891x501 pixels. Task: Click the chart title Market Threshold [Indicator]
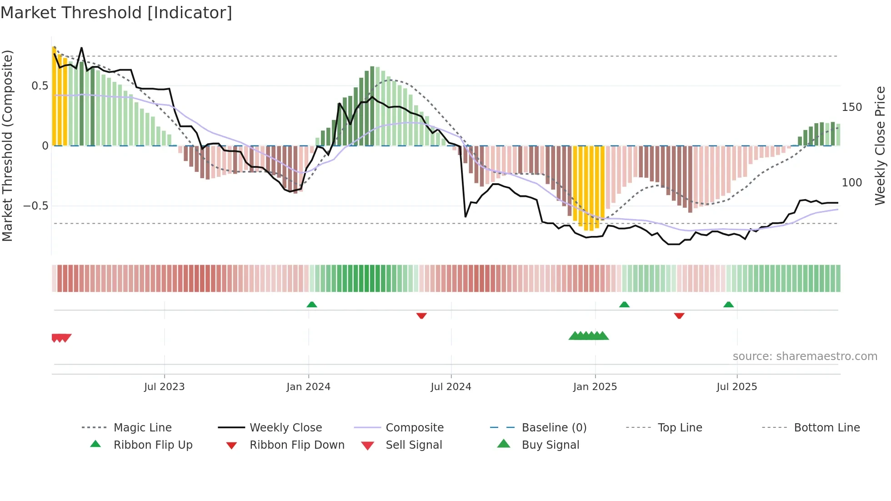tap(116, 13)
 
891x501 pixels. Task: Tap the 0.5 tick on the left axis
tap(40, 86)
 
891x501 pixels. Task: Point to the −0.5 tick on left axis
tap(35, 206)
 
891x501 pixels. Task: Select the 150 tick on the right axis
tap(851, 107)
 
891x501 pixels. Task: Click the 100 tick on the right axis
tap(851, 183)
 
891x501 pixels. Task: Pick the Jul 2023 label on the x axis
tap(164, 387)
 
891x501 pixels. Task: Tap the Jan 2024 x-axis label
tap(308, 387)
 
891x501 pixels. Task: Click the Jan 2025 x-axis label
tap(595, 387)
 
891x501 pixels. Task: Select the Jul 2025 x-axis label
tap(736, 387)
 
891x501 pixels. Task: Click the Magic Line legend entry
tap(142, 428)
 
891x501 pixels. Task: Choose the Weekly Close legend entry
tap(285, 428)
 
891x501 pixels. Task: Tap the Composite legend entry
tap(415, 428)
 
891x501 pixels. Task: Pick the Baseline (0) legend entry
tap(554, 428)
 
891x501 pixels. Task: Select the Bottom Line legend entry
tap(826, 428)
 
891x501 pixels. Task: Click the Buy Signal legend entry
tap(550, 445)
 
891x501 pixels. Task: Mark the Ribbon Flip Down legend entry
tap(297, 445)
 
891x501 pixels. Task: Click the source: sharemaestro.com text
tap(805, 356)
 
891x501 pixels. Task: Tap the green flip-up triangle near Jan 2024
tap(312, 305)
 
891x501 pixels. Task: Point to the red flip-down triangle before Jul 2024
tap(421, 316)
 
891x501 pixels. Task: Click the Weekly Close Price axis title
tap(880, 145)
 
